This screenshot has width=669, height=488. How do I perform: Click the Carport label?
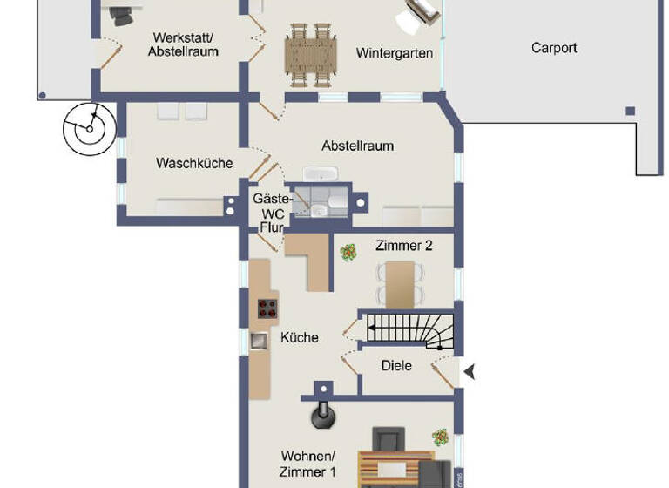point(554,48)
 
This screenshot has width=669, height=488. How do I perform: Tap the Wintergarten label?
point(395,53)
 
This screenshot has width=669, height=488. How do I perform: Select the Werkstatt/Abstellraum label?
point(183,44)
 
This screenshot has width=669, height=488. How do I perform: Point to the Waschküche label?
point(194,163)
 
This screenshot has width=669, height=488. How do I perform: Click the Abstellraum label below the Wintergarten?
point(357,146)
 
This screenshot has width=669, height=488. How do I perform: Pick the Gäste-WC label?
point(267,206)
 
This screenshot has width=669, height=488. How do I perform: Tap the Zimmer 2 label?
point(404,246)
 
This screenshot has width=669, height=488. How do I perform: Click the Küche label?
point(299,337)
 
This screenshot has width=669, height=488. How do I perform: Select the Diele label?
point(396,366)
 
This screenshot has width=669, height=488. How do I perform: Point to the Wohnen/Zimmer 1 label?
point(308,463)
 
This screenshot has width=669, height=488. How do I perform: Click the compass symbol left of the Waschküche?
point(89,129)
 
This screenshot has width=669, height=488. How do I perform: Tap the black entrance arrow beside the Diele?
point(469,372)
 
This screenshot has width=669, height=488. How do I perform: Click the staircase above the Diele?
point(410,329)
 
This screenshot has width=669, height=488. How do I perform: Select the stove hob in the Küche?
point(267,308)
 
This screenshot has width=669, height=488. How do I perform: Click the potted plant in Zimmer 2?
point(348,253)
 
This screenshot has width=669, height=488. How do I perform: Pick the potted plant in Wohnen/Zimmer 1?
point(441,436)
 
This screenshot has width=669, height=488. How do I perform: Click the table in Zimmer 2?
point(400,283)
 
